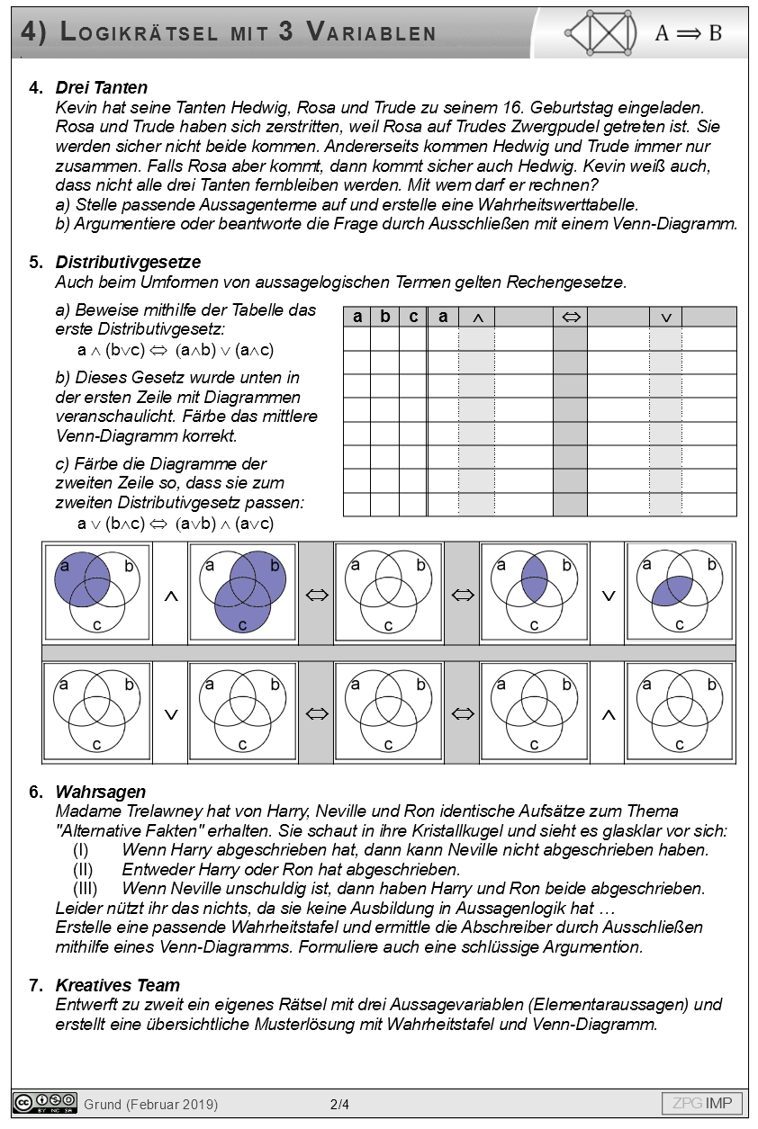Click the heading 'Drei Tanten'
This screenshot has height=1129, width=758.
[x=101, y=88]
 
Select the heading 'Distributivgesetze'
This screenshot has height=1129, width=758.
[x=128, y=262]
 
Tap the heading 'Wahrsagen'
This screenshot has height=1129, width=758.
[x=100, y=792]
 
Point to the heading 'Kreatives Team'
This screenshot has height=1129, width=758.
[x=117, y=985]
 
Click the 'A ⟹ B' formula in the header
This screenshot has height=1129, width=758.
[x=688, y=33]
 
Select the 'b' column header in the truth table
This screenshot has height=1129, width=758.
[x=384, y=317]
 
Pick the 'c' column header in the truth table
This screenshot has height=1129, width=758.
[x=413, y=317]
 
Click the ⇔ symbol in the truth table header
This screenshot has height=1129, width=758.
[x=570, y=317]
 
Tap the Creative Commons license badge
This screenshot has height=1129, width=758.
[x=44, y=1103]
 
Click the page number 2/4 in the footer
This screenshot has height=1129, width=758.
[x=339, y=1104]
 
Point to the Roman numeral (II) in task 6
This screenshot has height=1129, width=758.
[x=86, y=869]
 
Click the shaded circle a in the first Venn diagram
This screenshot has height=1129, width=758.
[x=77, y=580]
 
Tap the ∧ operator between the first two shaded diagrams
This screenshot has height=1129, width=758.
[x=170, y=596]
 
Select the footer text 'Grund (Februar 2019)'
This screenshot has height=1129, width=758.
[x=150, y=1104]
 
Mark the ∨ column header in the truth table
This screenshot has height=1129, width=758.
[x=666, y=317]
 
